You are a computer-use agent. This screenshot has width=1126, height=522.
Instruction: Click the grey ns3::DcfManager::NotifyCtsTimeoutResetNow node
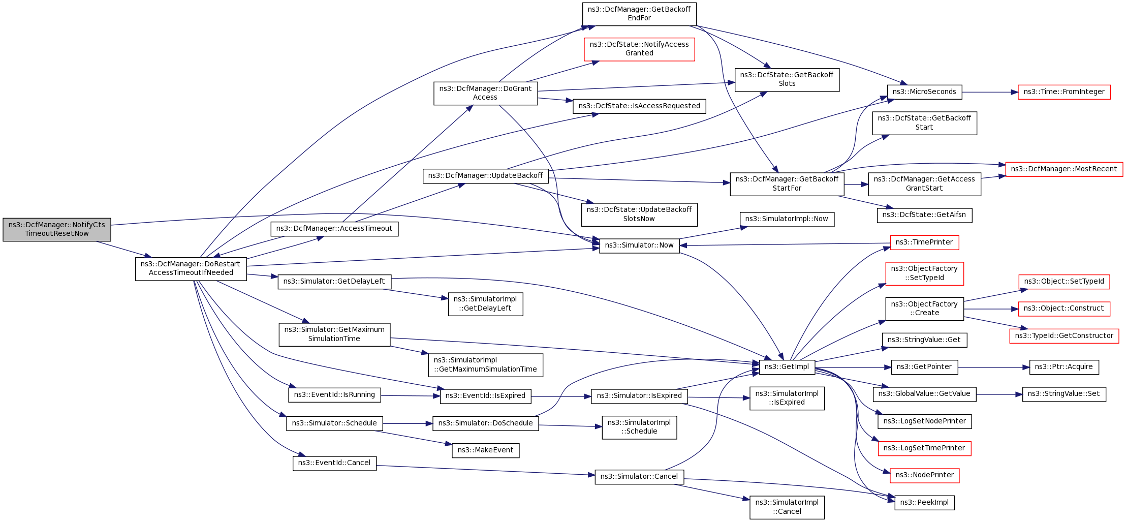pyautogui.click(x=57, y=229)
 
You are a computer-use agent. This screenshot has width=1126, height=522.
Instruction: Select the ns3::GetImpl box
pyautogui.click(x=787, y=367)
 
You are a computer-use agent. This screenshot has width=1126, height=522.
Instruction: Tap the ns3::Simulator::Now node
pyautogui.click(x=639, y=245)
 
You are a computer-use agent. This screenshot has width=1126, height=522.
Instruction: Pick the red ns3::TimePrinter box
pyautogui.click(x=924, y=242)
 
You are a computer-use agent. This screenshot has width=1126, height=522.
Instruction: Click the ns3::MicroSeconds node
pyautogui.click(x=924, y=92)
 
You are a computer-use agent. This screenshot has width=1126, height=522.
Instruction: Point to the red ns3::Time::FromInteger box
pyautogui.click(x=1064, y=92)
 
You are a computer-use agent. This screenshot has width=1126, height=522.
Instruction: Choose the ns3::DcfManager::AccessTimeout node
pyautogui.click(x=334, y=229)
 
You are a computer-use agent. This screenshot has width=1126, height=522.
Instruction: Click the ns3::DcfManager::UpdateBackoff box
pyautogui.click(x=485, y=176)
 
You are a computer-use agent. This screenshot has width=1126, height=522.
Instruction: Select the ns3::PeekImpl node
pyautogui.click(x=924, y=503)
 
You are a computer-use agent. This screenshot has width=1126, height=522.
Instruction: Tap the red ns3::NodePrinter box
pyautogui.click(x=924, y=475)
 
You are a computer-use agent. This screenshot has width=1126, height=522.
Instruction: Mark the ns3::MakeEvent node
pyautogui.click(x=485, y=450)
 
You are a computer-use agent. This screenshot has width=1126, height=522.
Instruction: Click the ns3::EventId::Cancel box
pyautogui.click(x=334, y=463)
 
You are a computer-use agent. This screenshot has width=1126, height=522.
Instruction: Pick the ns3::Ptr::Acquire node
pyautogui.click(x=1064, y=367)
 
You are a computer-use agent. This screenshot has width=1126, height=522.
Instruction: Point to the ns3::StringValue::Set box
pyautogui.click(x=1064, y=394)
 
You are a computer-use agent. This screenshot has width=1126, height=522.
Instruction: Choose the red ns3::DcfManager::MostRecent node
pyautogui.click(x=1064, y=169)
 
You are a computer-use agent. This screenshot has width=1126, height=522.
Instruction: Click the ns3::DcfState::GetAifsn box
pyautogui.click(x=924, y=215)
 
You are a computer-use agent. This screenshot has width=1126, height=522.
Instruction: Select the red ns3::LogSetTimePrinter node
pyautogui.click(x=924, y=448)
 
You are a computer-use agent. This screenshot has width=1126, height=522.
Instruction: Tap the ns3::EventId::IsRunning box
pyautogui.click(x=334, y=395)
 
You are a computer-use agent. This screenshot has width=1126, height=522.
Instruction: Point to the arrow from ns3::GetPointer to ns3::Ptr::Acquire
pyautogui.click(x=993, y=367)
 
